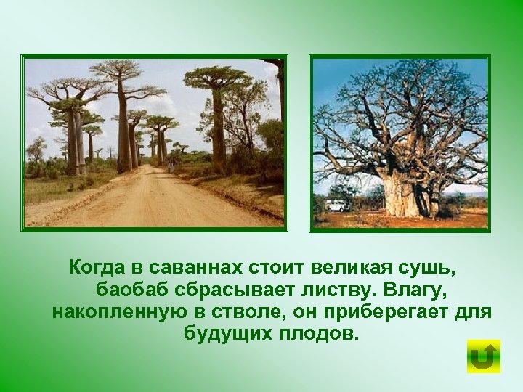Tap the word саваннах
[192, 266]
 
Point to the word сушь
[434, 266]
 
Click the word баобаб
[131, 290]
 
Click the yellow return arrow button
[483, 356]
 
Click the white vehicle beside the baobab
[337, 205]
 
